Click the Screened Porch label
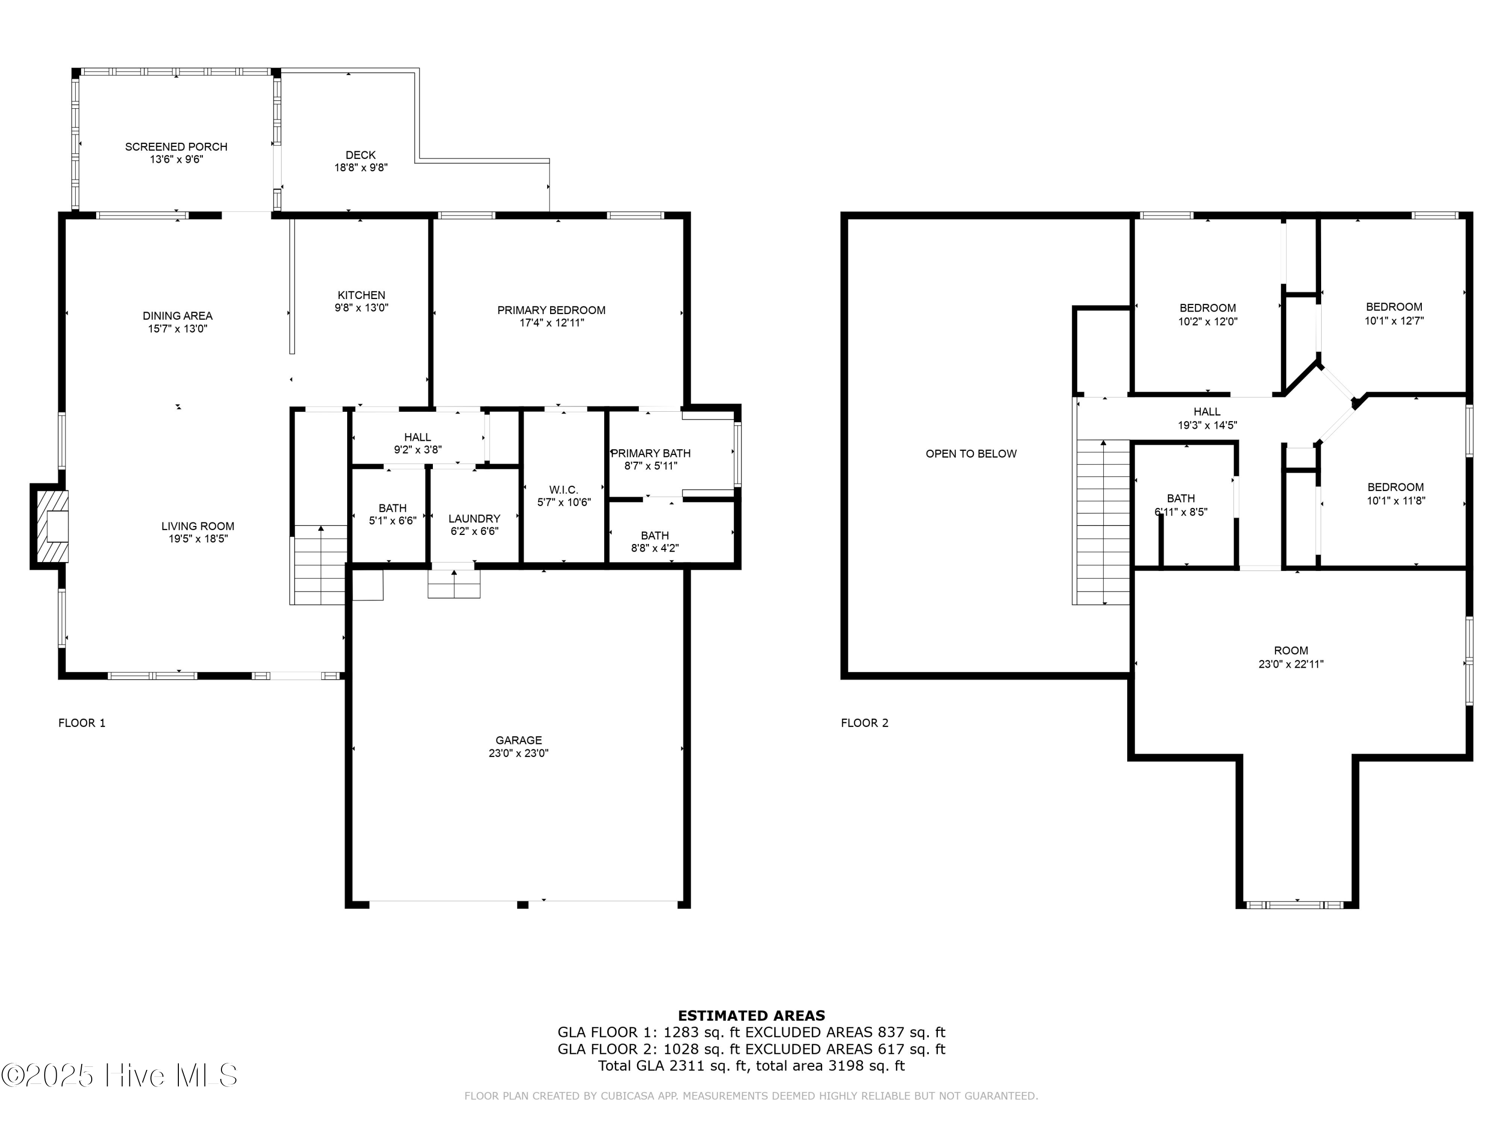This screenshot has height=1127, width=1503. [x=176, y=147]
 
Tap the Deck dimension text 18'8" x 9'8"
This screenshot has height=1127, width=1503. [x=361, y=168]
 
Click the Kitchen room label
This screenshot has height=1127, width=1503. [x=362, y=295]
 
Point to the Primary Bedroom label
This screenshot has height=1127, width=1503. [x=551, y=310]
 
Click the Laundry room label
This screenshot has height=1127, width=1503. [x=474, y=518]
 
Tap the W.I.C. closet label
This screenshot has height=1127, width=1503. [x=563, y=490]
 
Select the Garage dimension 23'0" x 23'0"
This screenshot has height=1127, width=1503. [x=519, y=753]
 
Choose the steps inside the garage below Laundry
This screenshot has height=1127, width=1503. [x=454, y=584]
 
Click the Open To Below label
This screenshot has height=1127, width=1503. [x=971, y=454]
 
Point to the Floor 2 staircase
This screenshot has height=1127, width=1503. [x=1102, y=523]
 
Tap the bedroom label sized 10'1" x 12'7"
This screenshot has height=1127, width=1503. [x=1394, y=307]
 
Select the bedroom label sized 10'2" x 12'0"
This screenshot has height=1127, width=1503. [x=1207, y=308]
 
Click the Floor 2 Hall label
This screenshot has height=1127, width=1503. [x=1207, y=412]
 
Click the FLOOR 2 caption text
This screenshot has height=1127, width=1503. [x=864, y=723]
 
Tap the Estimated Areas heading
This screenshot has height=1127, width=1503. [x=751, y=1016]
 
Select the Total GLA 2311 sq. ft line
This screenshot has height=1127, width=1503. [x=751, y=1065]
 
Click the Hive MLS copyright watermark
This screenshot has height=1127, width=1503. [x=120, y=1075]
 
